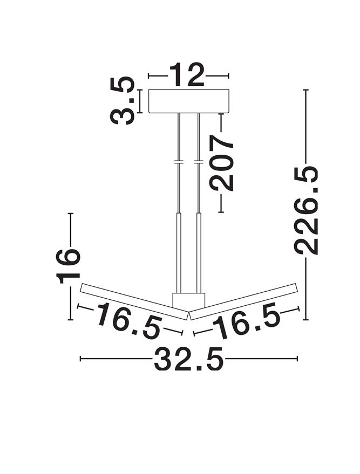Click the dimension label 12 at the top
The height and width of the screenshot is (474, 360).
pyautogui.click(x=186, y=75)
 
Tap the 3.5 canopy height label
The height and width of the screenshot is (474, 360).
pyautogui.click(x=122, y=101)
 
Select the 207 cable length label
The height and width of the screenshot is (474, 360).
pyautogui.click(x=222, y=163)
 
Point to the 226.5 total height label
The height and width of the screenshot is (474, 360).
pyautogui.click(x=307, y=211)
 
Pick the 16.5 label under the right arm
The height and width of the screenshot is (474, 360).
pyautogui.click(x=246, y=320)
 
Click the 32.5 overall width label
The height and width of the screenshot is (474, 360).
pyautogui.click(x=189, y=359)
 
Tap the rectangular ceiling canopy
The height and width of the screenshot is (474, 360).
pyautogui.click(x=189, y=101)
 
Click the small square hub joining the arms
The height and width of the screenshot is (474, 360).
pyautogui.click(x=189, y=300)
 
